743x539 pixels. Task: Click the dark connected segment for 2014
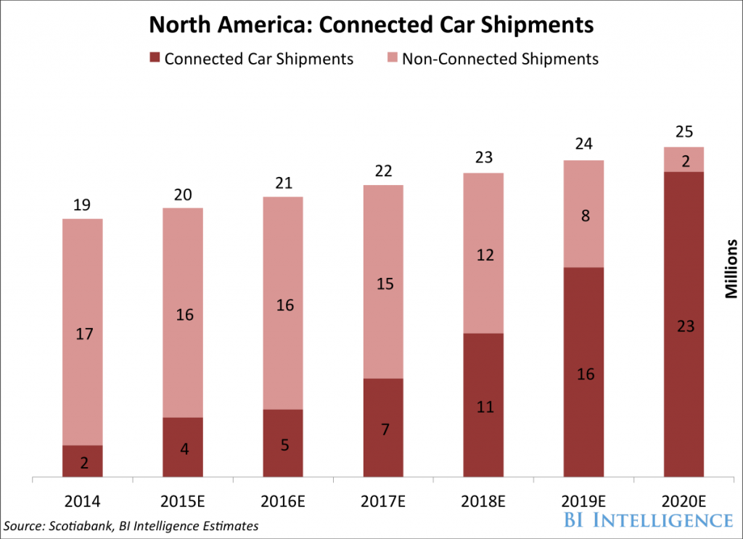tap(82, 461)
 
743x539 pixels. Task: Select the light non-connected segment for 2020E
tap(684, 160)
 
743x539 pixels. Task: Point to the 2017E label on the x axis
tap(383, 501)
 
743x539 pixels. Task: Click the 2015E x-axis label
tap(183, 501)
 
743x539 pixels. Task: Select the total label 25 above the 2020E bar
tap(684, 132)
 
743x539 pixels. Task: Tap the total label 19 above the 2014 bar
tap(82, 205)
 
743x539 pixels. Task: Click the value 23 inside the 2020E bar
tap(684, 326)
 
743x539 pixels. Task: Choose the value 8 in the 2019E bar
tap(583, 215)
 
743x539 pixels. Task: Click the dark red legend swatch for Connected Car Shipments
tap(153, 59)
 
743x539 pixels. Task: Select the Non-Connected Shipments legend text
tap(500, 59)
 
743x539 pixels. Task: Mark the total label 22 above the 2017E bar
tap(383, 171)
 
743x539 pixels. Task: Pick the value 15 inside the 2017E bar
tap(383, 284)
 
